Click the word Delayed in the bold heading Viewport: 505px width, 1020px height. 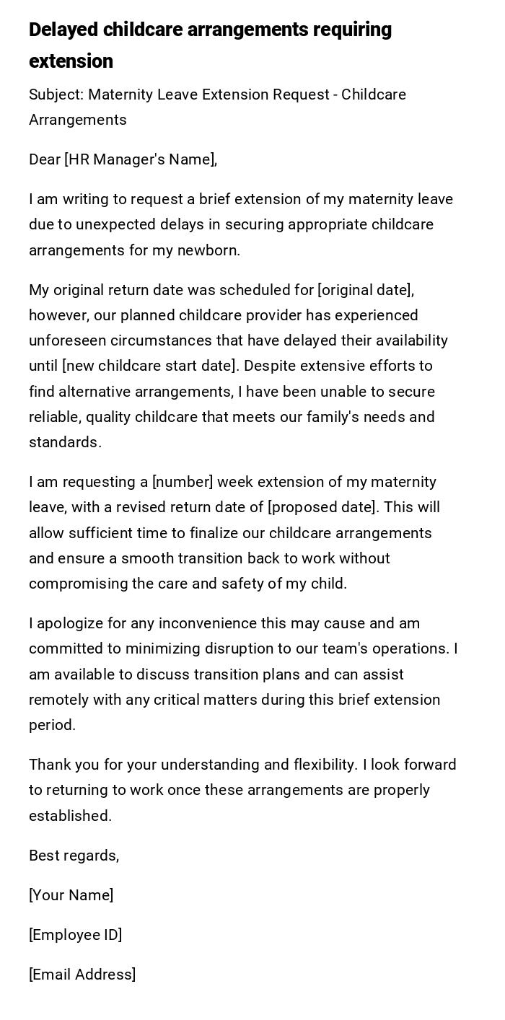(63, 30)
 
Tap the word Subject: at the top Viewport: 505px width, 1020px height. (56, 94)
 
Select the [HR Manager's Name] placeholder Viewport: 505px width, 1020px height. (141, 159)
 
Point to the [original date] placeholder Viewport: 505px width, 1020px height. (366, 290)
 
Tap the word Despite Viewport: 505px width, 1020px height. (269, 366)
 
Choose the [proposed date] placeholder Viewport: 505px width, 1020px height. (322, 507)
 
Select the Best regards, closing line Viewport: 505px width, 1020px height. (74, 856)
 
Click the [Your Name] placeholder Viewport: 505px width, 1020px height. (71, 895)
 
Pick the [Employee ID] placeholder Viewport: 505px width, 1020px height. (75, 935)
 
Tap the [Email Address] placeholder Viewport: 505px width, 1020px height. (82, 975)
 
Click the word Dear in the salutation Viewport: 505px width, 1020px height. (45, 159)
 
